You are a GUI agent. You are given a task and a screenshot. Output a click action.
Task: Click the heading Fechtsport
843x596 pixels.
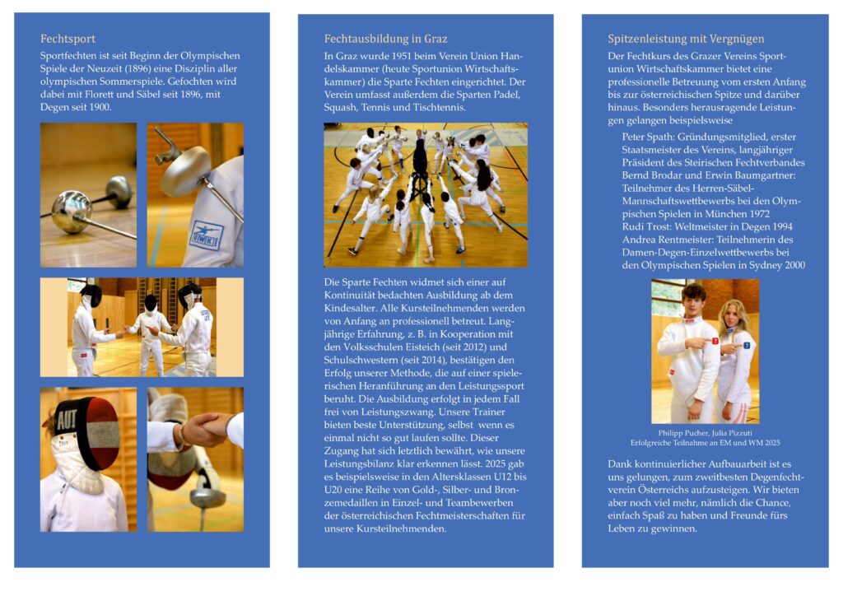pos(68,39)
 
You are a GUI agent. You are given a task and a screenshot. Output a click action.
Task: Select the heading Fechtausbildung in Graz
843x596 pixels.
pos(385,39)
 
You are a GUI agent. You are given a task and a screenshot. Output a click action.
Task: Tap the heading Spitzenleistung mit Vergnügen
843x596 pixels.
pos(686,39)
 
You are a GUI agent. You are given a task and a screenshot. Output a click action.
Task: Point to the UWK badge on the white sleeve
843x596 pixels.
pos(206,235)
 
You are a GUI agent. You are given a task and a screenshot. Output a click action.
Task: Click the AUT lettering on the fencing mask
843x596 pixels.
pos(67,420)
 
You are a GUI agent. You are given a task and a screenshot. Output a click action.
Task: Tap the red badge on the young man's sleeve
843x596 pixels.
pos(715,341)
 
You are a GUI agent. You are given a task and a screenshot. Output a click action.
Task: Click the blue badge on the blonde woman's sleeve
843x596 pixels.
pos(747,346)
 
